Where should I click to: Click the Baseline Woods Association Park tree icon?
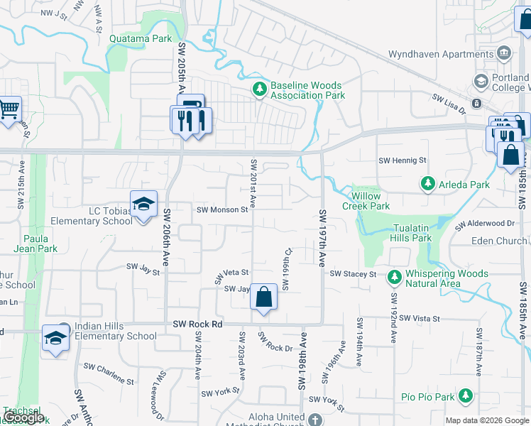click(x=260, y=90)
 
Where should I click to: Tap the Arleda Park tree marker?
click(x=427, y=185)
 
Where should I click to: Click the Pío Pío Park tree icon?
click(x=466, y=395)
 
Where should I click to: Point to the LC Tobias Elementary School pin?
click(x=143, y=206)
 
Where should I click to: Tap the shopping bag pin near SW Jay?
click(x=263, y=298)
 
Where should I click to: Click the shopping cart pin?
click(x=9, y=110)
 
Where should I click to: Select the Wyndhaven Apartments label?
click(x=442, y=54)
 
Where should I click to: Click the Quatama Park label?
click(x=141, y=39)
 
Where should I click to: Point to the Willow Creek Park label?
click(x=366, y=201)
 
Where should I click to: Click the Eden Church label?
click(x=500, y=241)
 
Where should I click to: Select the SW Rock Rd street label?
click(x=198, y=324)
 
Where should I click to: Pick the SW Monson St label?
click(x=221, y=209)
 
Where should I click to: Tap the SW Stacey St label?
click(x=352, y=274)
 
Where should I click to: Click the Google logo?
click(x=23, y=418)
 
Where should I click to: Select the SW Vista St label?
click(x=420, y=319)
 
